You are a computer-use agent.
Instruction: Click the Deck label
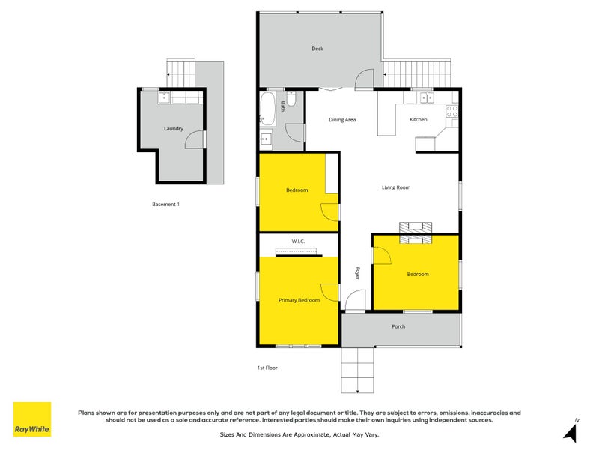pos(317,49)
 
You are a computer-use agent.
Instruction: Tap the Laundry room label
pos(174,128)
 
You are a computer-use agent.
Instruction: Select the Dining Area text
pos(342,120)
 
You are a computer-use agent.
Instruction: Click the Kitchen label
pos(418,120)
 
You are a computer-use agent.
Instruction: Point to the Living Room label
pos(396,187)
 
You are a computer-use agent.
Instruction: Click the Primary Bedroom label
pos(299,300)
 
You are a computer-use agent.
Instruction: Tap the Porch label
pos(398,326)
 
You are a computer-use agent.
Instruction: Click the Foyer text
pos(357,273)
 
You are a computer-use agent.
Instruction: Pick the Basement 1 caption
pos(166,204)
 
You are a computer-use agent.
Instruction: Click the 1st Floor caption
pos(267,367)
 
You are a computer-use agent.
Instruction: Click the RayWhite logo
pos(32,419)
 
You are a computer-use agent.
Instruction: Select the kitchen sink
pos(425,96)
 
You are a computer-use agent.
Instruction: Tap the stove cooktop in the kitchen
pos(452,112)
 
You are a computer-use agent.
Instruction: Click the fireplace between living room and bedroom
pos(416,233)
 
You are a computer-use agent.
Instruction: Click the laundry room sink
pos(164,97)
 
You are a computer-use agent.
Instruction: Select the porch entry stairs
pos(359,370)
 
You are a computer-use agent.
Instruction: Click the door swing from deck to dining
pos(365,78)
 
